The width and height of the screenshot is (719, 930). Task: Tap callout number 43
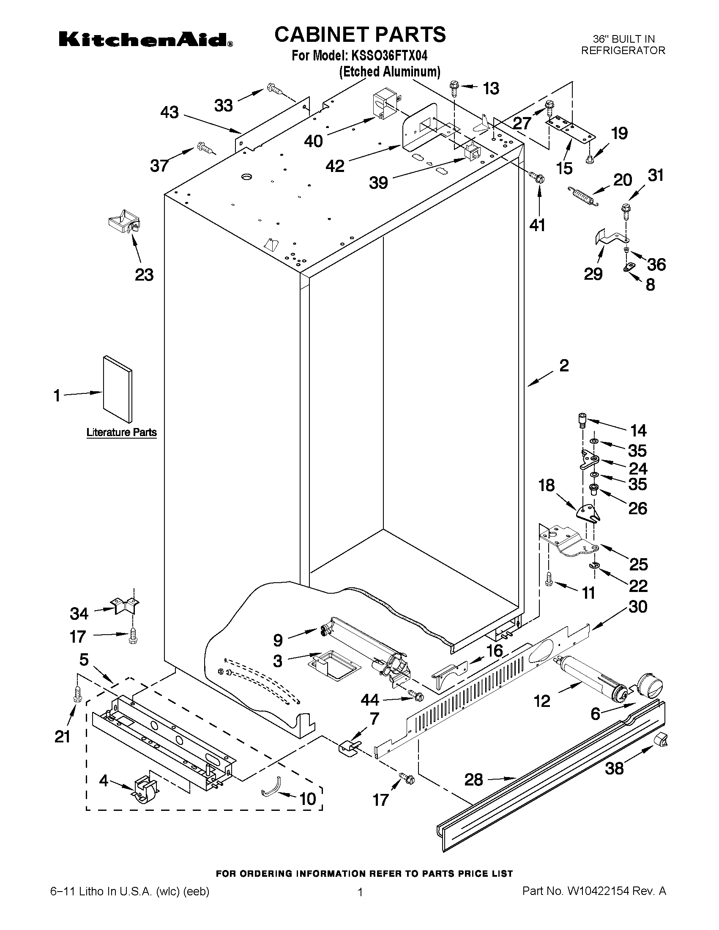point(169,112)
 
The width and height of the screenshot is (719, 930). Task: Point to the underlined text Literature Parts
point(121,433)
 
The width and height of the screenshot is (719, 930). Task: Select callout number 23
point(144,275)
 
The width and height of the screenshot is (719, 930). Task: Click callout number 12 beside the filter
point(542,701)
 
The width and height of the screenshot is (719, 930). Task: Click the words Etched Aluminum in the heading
point(389,71)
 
